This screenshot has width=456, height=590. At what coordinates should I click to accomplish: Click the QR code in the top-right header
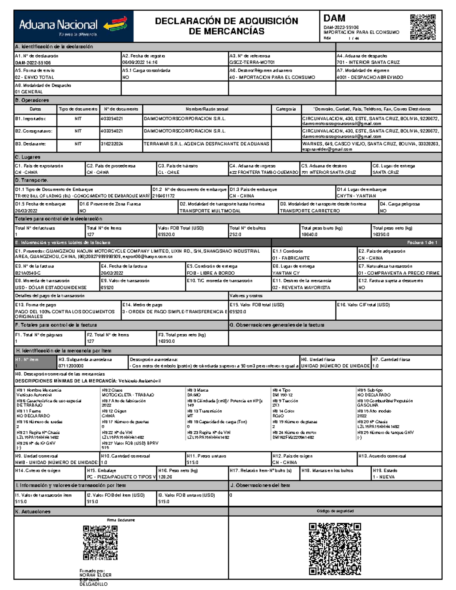(x=423, y=27)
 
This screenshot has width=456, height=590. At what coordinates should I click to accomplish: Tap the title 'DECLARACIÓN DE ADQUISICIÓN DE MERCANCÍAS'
(x=226, y=26)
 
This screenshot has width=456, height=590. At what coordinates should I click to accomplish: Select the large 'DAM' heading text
(x=334, y=18)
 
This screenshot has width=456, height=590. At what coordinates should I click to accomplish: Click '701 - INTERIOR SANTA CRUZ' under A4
(x=368, y=63)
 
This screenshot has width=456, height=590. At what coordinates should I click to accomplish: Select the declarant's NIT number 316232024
(x=112, y=144)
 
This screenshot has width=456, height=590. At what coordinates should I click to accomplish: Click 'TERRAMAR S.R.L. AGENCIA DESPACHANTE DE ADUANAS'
(x=206, y=144)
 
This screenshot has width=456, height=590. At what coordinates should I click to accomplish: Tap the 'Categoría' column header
(x=286, y=109)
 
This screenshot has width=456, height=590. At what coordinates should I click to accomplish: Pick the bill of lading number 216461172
(x=163, y=196)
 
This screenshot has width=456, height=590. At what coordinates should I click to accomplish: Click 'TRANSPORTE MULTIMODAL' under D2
(x=210, y=211)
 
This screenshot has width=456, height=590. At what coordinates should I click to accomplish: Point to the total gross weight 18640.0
(x=310, y=235)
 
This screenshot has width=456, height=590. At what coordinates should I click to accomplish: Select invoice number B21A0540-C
(x=28, y=273)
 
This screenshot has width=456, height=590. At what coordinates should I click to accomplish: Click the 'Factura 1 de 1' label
(x=422, y=242)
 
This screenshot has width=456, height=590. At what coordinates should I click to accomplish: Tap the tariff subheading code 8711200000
(x=71, y=366)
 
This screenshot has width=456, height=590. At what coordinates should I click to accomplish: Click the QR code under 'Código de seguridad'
(x=335, y=549)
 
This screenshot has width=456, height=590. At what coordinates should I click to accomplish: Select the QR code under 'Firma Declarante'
(x=100, y=543)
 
